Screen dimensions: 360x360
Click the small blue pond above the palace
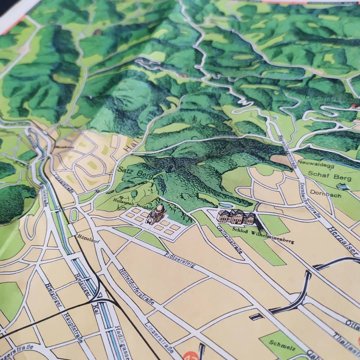coord(226,205)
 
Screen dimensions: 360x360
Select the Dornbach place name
coord(326,194)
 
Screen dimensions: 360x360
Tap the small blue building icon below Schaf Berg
coord(343,187)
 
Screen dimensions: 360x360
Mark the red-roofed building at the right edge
coord(354,106)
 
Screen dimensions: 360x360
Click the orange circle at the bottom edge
coord(191,356)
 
